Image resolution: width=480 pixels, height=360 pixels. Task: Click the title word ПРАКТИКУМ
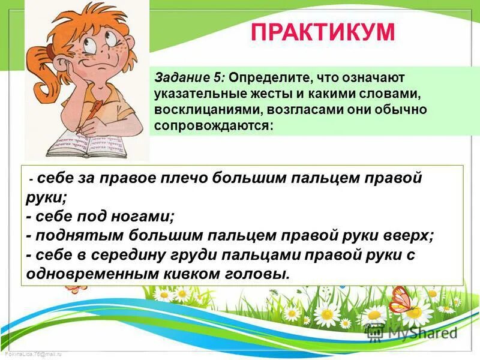pos(322,32)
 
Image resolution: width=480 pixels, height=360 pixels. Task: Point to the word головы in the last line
pos(260,273)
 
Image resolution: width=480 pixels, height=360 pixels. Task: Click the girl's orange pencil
pos(97,113)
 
